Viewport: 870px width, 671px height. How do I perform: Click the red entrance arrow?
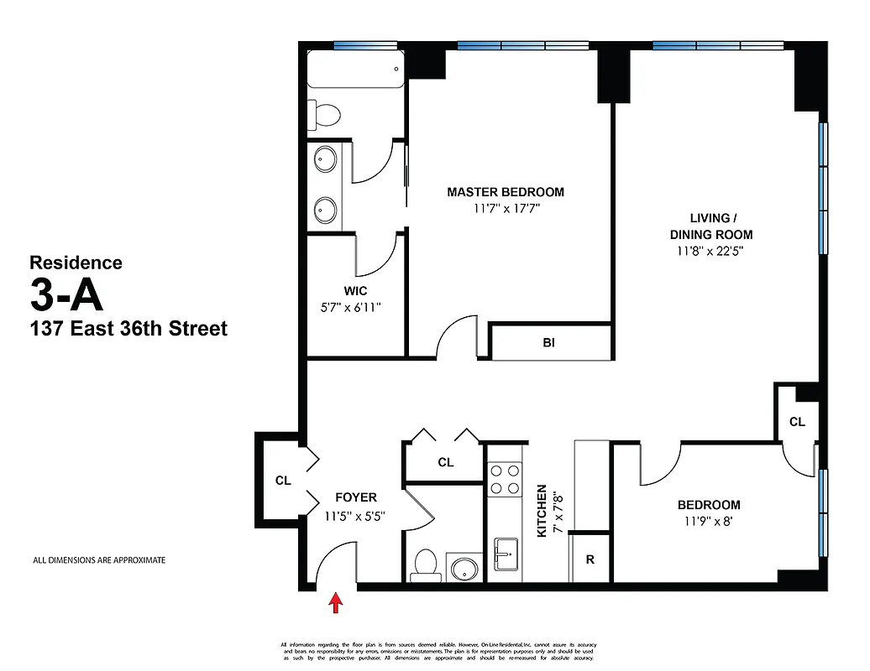coord(336,602)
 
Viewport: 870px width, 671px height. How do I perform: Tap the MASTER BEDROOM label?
coord(505,192)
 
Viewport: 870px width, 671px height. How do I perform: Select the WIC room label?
coord(354,291)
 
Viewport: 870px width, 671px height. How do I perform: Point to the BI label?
coord(548,343)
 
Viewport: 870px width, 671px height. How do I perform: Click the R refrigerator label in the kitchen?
coord(590,559)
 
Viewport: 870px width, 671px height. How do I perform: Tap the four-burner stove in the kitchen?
coord(505,480)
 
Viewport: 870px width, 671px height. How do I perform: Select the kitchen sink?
coord(505,554)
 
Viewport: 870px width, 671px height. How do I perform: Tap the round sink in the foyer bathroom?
coord(462,568)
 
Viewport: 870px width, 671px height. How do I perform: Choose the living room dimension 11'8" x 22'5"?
coord(710,250)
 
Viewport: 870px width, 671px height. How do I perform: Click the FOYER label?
coord(355,497)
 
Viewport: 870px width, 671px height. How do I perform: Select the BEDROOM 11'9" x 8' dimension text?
coord(709,521)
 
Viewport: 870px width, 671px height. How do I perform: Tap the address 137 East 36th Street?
coord(128,329)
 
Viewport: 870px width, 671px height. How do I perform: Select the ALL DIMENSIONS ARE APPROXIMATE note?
coord(98,560)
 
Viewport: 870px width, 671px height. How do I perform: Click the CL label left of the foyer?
coord(283,481)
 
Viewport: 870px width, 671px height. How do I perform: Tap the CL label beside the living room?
coord(797,422)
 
